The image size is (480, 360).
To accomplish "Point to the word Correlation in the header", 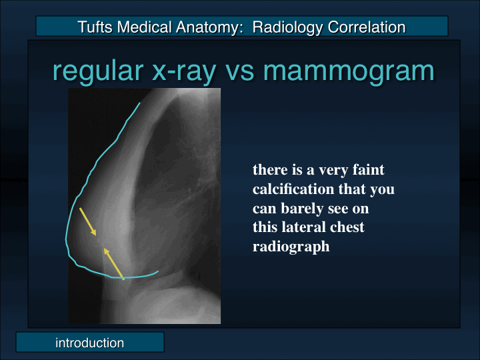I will [x=363, y=27].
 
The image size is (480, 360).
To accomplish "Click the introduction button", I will [x=89, y=343].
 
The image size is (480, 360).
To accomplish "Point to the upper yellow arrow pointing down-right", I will [x=88, y=221].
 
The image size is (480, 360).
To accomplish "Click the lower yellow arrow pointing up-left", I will [x=113, y=263].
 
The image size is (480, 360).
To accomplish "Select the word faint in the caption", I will [x=368, y=170].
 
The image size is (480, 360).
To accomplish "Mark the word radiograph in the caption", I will [x=291, y=247].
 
